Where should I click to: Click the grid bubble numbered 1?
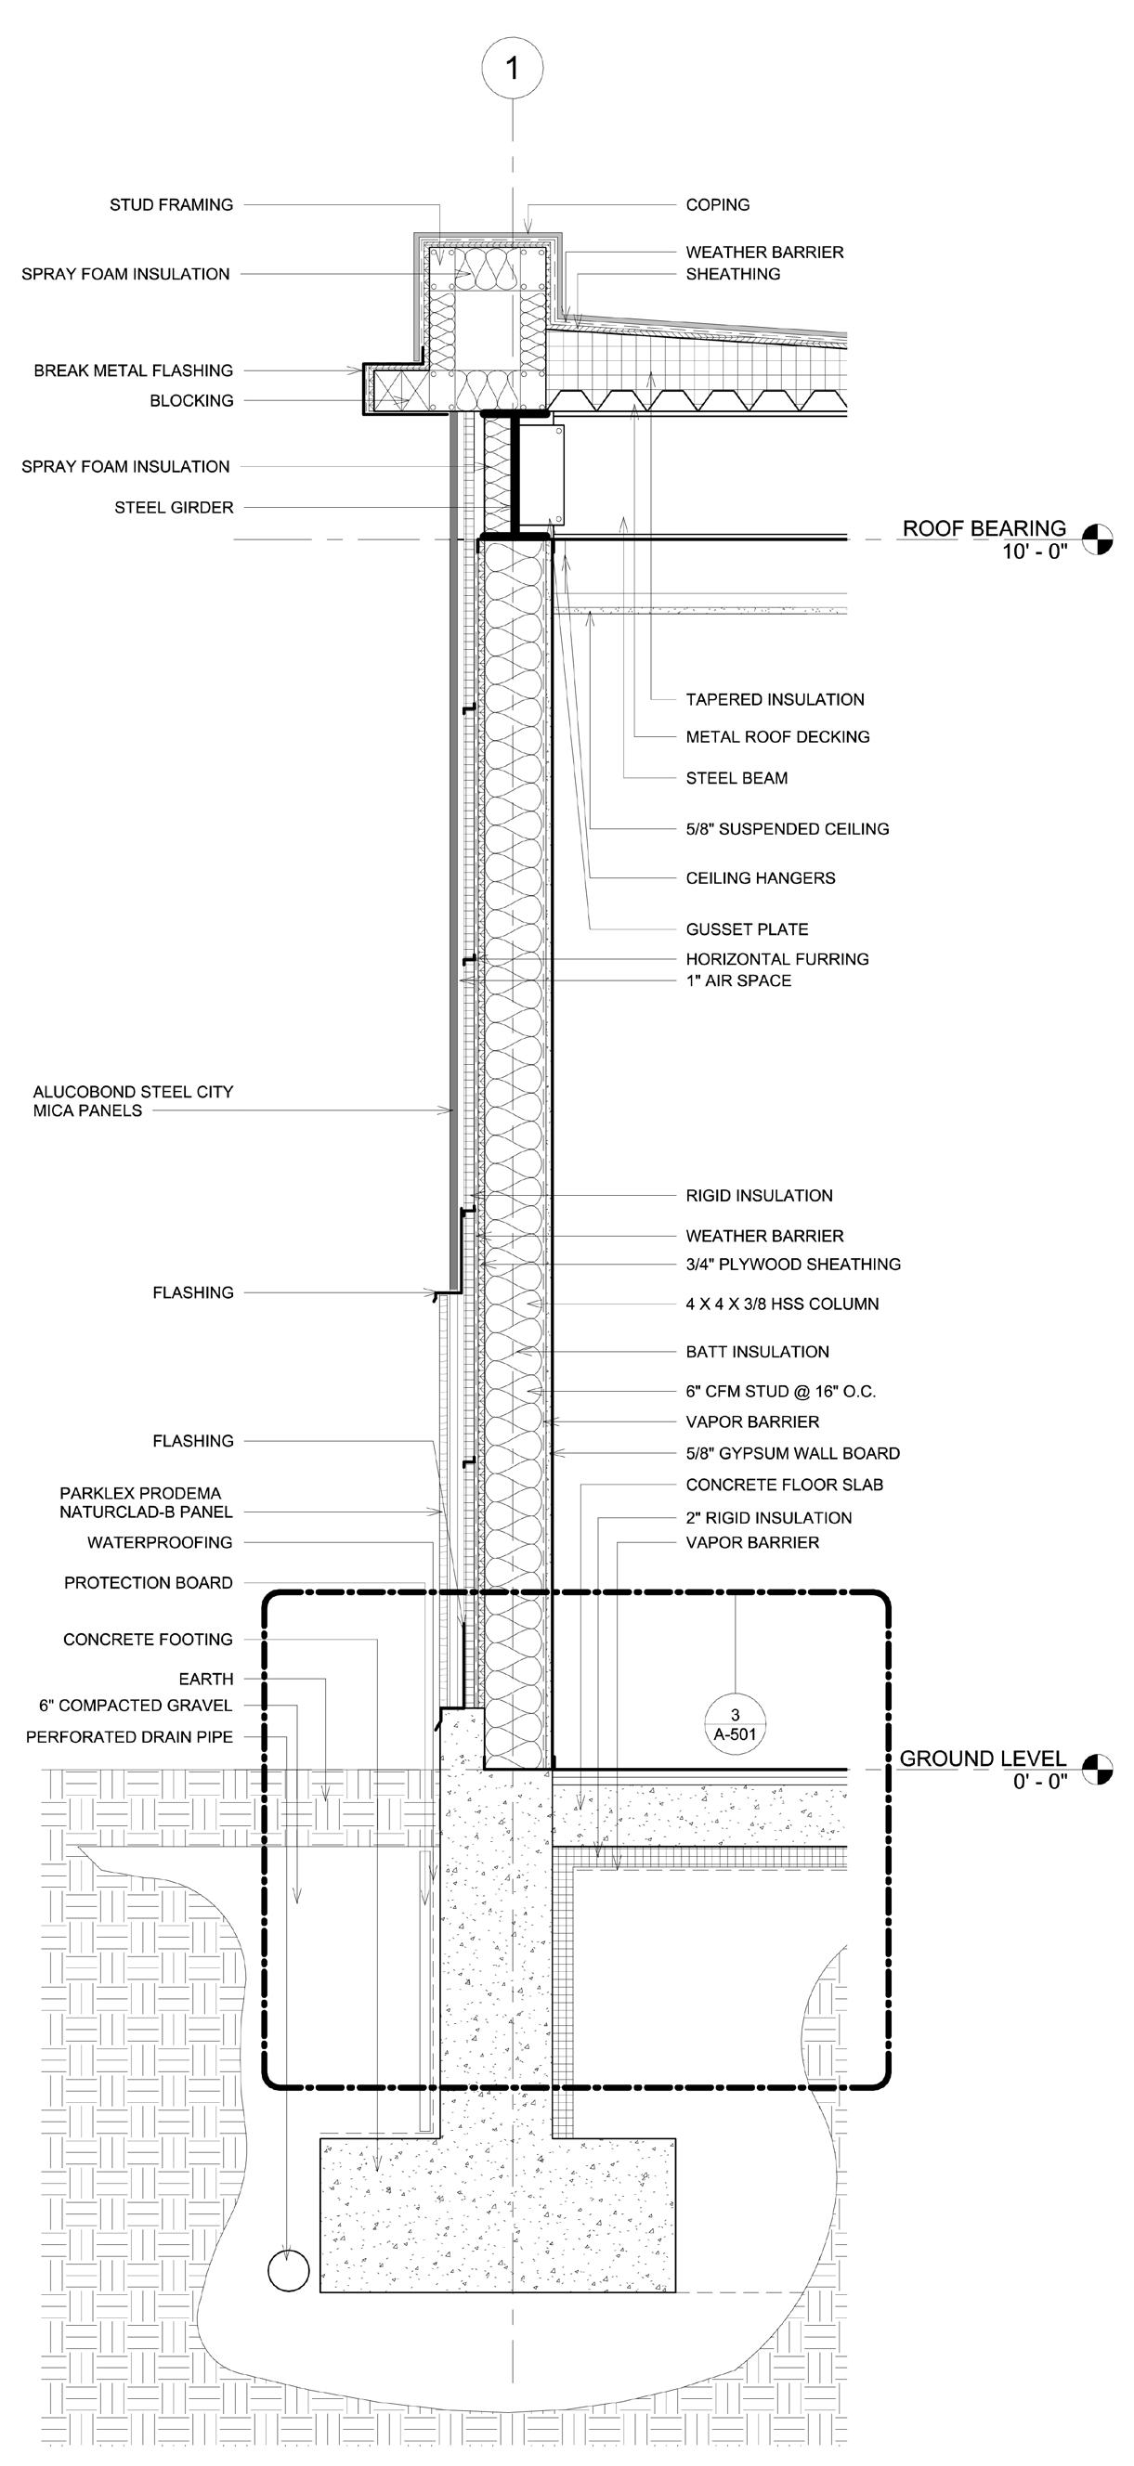pyautogui.click(x=513, y=68)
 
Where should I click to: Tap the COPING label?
pyautogui.click(x=717, y=205)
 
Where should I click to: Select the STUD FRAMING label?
pyautogui.click(x=172, y=205)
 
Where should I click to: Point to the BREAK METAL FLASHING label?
pyautogui.click(x=133, y=370)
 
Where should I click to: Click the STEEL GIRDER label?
pyautogui.click(x=175, y=507)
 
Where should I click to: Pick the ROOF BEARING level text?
pyautogui.click(x=984, y=528)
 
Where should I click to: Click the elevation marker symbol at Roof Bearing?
pyautogui.click(x=1098, y=540)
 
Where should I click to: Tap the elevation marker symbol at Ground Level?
pyautogui.click(x=1098, y=1769)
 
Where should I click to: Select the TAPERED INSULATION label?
pyautogui.click(x=775, y=700)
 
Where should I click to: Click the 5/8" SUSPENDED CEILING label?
pyautogui.click(x=788, y=829)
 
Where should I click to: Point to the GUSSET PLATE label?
pyautogui.click(x=747, y=929)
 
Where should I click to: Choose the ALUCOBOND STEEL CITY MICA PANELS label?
pyautogui.click(x=133, y=1101)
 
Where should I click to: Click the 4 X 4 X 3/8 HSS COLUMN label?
pyautogui.click(x=782, y=1304)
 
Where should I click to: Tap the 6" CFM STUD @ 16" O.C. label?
pyautogui.click(x=780, y=1392)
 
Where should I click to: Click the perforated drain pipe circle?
pyautogui.click(x=288, y=2270)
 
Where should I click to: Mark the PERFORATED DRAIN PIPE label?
pyautogui.click(x=129, y=1736)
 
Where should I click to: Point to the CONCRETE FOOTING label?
pyautogui.click(x=149, y=1640)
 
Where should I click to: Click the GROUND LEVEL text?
pyautogui.click(x=983, y=1758)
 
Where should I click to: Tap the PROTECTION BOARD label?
pyautogui.click(x=149, y=1583)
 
